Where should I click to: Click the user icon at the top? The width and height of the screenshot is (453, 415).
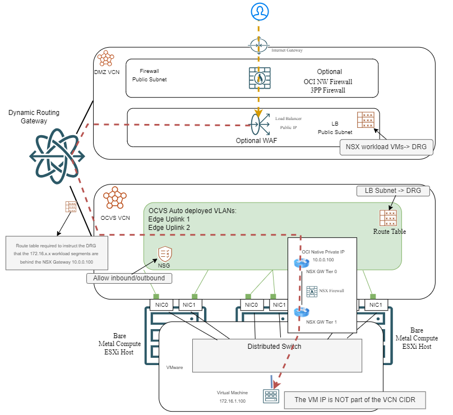coord(258,11)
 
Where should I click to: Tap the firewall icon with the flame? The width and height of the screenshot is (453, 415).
coord(259,78)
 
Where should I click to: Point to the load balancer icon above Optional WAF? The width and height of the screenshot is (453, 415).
coord(260,122)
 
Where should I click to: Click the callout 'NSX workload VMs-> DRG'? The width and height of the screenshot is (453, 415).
coord(386,147)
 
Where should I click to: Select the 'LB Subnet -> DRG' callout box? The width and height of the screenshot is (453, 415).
coord(393,191)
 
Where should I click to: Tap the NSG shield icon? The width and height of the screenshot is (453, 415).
coord(165,253)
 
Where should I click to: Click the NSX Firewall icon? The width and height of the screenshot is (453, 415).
coord(312,291)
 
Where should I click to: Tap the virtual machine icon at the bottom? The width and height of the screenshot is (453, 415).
coord(271,396)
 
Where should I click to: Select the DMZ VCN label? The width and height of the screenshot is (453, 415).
coord(107,72)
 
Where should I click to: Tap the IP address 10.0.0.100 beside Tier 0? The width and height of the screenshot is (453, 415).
coord(319,260)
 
